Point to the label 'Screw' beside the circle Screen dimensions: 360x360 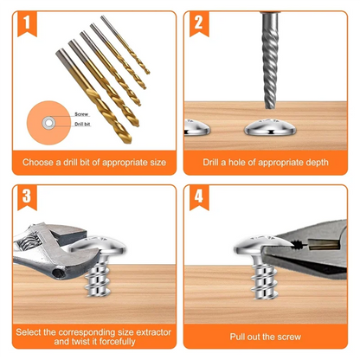click(81, 112)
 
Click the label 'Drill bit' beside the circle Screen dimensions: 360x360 click(84, 125)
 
